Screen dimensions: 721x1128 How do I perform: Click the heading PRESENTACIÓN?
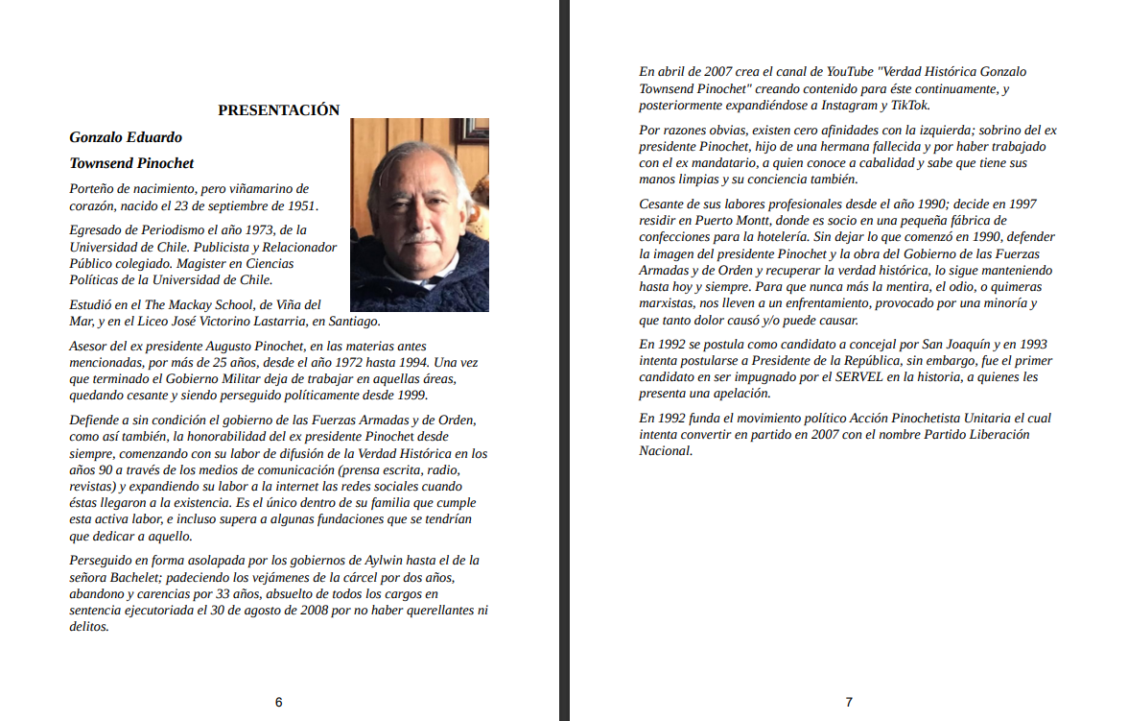click(278, 109)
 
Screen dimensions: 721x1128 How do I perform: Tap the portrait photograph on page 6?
click(419, 215)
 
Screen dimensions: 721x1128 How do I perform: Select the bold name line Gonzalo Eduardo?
click(126, 137)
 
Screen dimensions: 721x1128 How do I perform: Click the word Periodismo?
click(162, 230)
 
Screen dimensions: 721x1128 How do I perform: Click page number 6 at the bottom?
click(278, 702)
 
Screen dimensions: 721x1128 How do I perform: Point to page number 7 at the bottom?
click(849, 702)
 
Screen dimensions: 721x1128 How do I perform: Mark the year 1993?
click(1029, 344)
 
